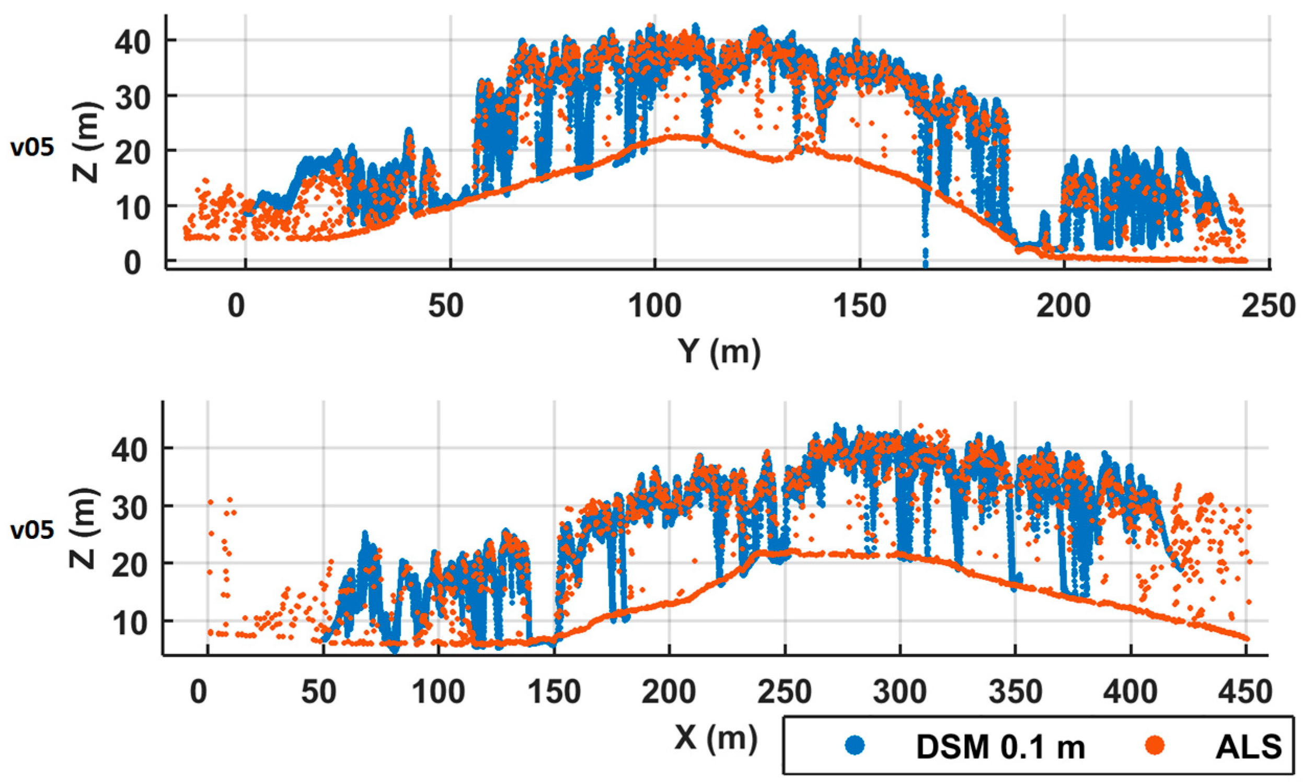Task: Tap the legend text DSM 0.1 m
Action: (x=1001, y=746)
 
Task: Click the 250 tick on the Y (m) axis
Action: (x=1267, y=306)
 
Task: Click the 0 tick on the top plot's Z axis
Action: (x=132, y=262)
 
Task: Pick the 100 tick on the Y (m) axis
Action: (x=655, y=306)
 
